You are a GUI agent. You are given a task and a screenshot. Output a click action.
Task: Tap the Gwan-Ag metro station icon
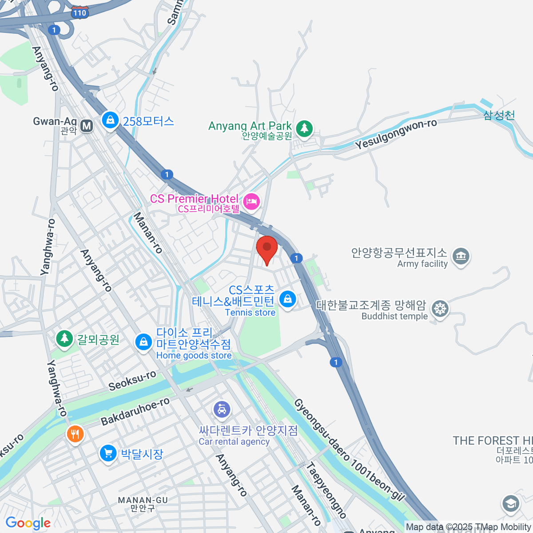coord(87,126)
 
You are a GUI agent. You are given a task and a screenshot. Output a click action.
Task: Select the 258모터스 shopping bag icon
coord(110,120)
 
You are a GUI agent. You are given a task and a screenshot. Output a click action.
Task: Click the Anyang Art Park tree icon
coord(304,128)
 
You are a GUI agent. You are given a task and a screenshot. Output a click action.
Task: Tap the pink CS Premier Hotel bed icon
coord(252,201)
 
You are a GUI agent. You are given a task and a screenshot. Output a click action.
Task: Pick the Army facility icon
coord(461,256)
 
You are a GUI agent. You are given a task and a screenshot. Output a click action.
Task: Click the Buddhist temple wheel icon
coord(440,308)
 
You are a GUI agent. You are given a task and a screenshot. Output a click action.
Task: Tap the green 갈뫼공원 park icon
coord(64,339)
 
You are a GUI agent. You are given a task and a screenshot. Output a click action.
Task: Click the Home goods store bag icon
coord(143,342)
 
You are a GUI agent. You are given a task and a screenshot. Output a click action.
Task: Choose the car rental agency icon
coord(222,409)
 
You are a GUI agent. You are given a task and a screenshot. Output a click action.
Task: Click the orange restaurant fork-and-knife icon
coord(75,434)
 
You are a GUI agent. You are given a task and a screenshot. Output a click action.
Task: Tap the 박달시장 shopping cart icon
coord(108,453)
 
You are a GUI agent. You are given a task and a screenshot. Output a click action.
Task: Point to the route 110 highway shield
coord(80,13)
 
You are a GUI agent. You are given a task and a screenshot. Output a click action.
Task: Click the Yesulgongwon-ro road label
coord(396,134)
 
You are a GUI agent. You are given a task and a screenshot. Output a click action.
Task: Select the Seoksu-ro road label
coord(132,381)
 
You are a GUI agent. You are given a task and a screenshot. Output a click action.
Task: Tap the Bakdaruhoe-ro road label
coord(135,411)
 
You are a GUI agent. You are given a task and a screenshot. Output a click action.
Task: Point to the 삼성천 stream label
coord(499,115)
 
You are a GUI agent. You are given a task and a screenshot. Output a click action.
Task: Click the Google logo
coord(28,523)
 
